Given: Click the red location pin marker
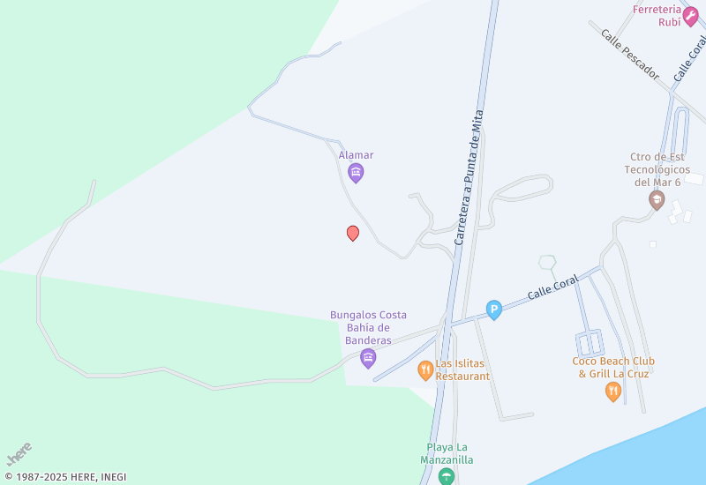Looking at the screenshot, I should point(353,233).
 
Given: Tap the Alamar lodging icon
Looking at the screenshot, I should point(356,173).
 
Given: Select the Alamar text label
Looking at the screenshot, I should point(356,155).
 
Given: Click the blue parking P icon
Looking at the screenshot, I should point(494,310).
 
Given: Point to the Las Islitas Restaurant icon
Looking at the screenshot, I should point(425,370).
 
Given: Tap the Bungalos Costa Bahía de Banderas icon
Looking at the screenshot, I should point(368,358).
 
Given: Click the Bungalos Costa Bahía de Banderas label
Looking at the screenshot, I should point(368,327).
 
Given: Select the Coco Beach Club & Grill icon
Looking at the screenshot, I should point(612,392).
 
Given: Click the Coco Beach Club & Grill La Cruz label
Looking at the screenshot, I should point(612,367).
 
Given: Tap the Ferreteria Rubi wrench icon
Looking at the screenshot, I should point(690,11).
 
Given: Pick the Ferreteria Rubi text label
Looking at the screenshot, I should point(657,16).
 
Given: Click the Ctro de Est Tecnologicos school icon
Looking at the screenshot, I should point(656,201).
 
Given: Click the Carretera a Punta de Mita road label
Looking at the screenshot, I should point(469,177).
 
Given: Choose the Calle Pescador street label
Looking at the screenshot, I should point(630,55).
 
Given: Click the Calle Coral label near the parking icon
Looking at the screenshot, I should point(553,287).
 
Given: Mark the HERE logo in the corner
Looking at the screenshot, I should point(19,454).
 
